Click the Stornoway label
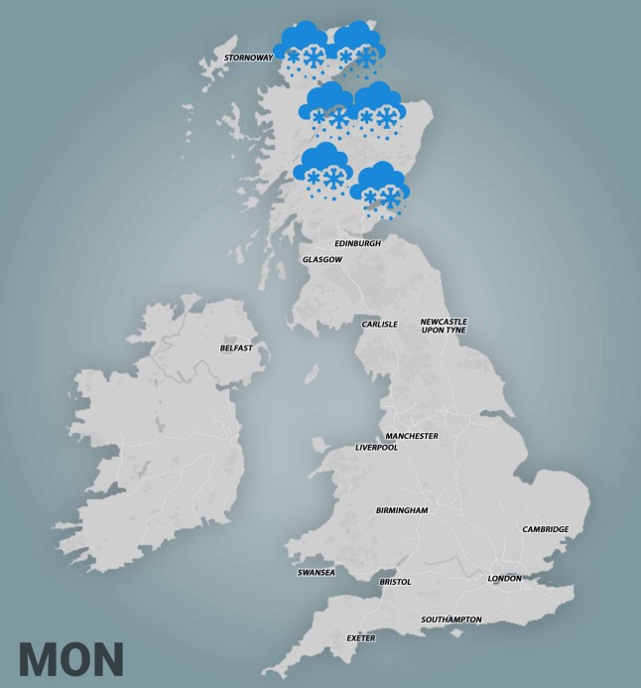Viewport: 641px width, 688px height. [248, 58]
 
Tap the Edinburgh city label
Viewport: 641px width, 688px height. [357, 243]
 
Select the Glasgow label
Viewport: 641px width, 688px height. [322, 260]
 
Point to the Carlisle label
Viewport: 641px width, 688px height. [379, 324]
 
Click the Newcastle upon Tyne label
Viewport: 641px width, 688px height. [443, 326]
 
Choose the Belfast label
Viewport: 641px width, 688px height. [236, 348]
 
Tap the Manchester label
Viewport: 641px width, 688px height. [412, 436]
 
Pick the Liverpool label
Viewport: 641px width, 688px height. [376, 448]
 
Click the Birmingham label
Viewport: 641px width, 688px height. [401, 510]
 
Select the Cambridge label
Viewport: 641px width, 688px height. [546, 529]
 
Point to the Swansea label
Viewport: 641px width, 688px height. [317, 573]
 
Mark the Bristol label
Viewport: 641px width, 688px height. [395, 582]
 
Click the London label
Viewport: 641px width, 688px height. [504, 578]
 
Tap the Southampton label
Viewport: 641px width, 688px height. [450, 619]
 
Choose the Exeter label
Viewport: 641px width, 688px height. [361, 637]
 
